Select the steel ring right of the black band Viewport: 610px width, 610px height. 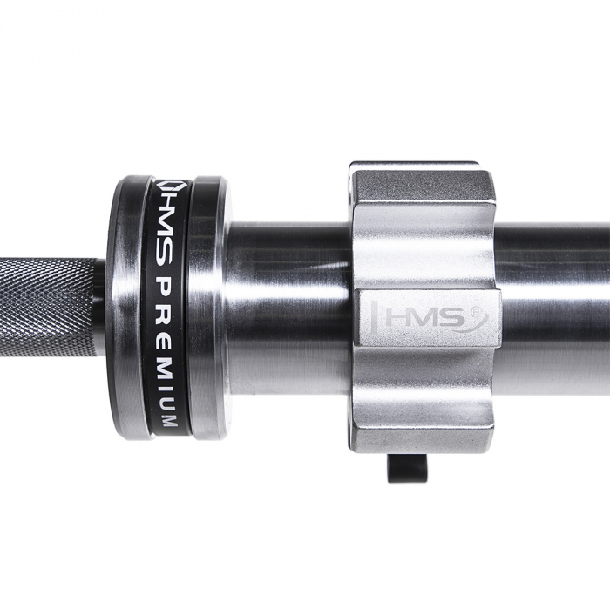click(x=209, y=305)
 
